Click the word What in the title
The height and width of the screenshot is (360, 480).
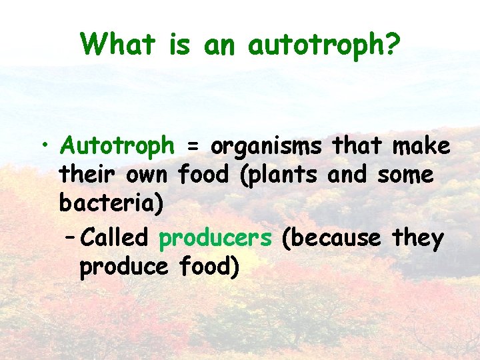(118, 45)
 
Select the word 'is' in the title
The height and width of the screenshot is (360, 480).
(181, 45)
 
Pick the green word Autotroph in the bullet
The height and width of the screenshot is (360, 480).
(117, 146)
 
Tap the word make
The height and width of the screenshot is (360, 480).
(421, 146)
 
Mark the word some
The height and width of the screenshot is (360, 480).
(405, 176)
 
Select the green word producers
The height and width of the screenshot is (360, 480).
(215, 238)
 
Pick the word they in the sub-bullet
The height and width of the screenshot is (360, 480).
(417, 237)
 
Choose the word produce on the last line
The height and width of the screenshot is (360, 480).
(123, 267)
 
